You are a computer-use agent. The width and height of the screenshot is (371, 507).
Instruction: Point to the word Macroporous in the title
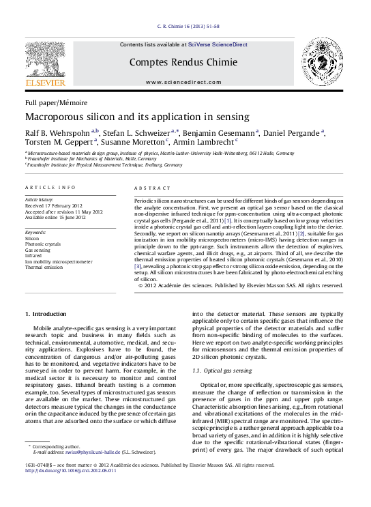[57, 117]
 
